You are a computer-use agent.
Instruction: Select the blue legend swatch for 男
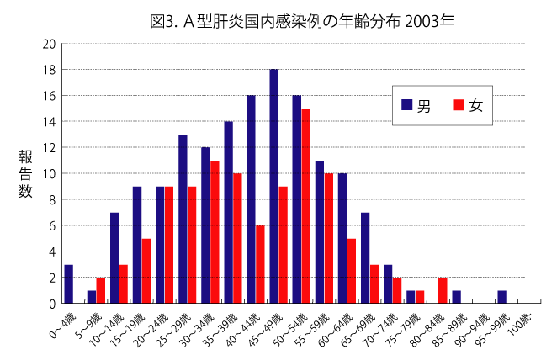pyautogui.click(x=406, y=105)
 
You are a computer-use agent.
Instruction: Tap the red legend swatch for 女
pyautogui.click(x=458, y=105)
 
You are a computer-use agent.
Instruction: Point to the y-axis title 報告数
pyautogui.click(x=25, y=173)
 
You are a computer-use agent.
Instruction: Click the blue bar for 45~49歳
pyautogui.click(x=274, y=186)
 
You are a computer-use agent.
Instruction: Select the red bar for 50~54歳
pyautogui.click(x=306, y=205)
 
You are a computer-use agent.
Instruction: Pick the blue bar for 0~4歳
pyautogui.click(x=69, y=283)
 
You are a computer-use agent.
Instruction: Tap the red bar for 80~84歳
pyautogui.click(x=443, y=290)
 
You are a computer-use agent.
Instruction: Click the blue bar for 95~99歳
pyautogui.click(x=501, y=297)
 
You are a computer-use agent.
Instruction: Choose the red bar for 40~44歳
pyautogui.click(x=261, y=264)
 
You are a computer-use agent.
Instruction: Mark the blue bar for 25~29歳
pyautogui.click(x=183, y=219)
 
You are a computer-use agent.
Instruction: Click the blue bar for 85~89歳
pyautogui.click(x=456, y=297)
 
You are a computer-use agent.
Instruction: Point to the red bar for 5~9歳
pyautogui.click(x=101, y=290)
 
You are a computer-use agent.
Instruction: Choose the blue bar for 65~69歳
pyautogui.click(x=365, y=257)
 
